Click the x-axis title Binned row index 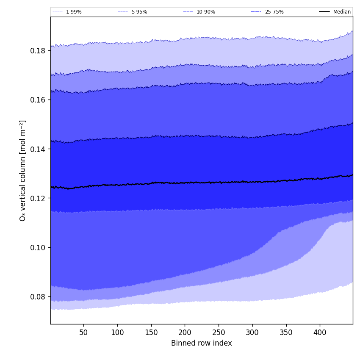tap(202, 343)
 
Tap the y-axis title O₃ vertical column tap(23, 170)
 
